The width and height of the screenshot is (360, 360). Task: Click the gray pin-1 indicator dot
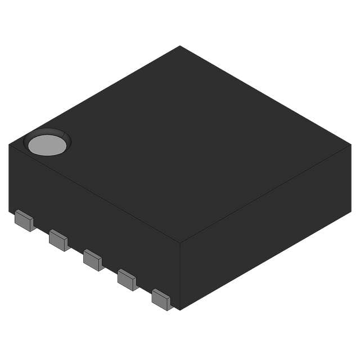47,145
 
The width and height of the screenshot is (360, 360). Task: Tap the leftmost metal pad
24,220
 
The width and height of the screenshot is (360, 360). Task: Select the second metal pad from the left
58,240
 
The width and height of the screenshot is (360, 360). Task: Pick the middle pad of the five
93,259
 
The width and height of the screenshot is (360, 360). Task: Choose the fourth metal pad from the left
127,279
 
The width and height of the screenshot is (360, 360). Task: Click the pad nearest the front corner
161,299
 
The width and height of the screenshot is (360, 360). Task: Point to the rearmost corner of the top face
180,46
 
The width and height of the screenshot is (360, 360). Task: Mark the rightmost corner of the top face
350,144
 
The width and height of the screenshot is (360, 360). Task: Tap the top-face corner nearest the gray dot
10,144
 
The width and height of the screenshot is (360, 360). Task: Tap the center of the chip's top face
180,144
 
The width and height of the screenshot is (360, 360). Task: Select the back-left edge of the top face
94,95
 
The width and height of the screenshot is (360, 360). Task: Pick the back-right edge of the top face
265,95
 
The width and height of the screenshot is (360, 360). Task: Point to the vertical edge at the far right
350,177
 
